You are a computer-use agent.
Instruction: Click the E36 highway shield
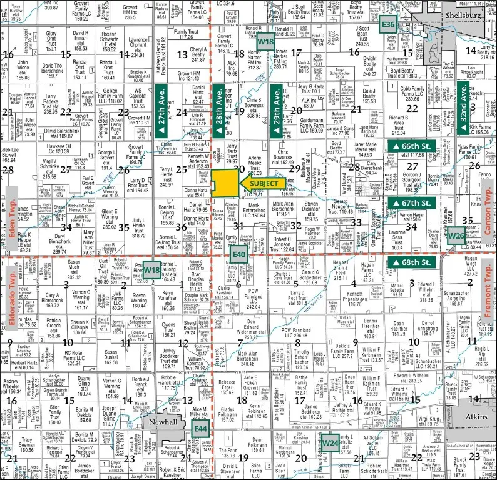pyautogui.click(x=389, y=24)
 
